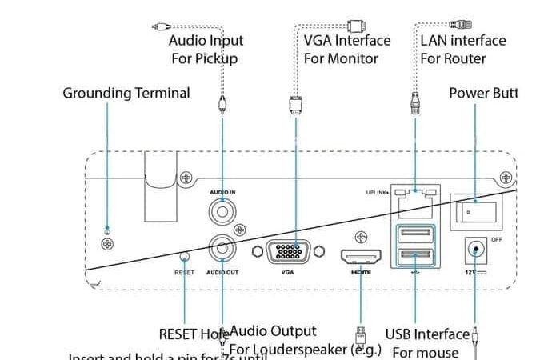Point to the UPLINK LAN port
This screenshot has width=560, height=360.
tap(415, 201)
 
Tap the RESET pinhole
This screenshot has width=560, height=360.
tap(185, 258)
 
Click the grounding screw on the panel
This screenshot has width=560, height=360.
tap(107, 242)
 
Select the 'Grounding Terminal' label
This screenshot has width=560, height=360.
tap(126, 93)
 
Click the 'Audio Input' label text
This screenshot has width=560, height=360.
tap(206, 40)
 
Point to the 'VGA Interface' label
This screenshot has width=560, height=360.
tap(347, 40)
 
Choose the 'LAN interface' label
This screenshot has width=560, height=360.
tap(463, 40)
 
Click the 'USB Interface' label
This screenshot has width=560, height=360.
tap(427, 334)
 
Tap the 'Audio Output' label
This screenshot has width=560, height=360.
tap(274, 330)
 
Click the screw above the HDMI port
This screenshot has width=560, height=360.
tap(361, 237)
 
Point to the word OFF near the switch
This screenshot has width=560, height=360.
tap(496, 239)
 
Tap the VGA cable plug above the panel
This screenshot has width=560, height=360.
tap(294, 106)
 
